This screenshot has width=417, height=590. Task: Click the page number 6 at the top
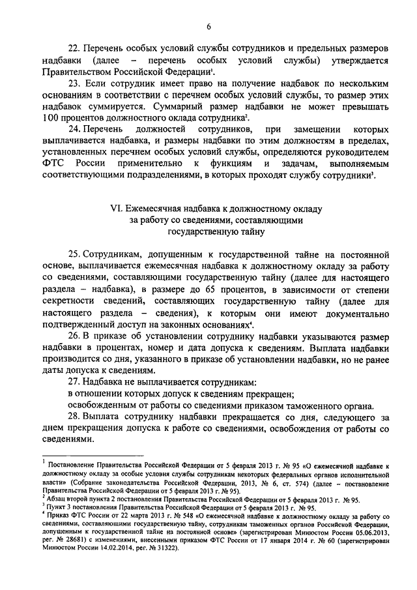[208, 26]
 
